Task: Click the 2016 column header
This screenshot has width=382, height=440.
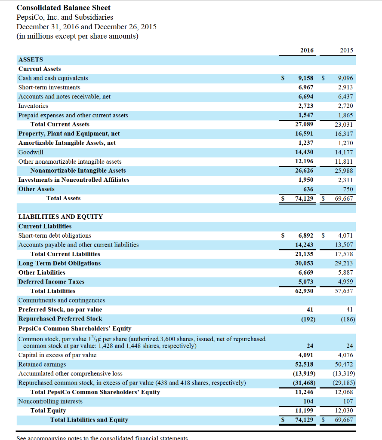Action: pyautogui.click(x=307, y=50)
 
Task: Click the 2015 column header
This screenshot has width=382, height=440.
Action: pyautogui.click(x=346, y=50)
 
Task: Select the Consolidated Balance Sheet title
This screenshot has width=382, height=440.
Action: pyautogui.click(x=63, y=8)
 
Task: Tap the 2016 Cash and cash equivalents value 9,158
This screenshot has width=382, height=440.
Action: pyautogui.click(x=305, y=78)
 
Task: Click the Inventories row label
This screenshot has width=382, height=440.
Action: pyautogui.click(x=33, y=106)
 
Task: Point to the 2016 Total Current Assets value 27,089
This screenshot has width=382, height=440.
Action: pyautogui.click(x=305, y=124)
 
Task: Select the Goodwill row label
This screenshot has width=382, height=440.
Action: pyautogui.click(x=31, y=152)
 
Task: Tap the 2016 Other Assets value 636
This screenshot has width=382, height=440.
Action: pyautogui.click(x=308, y=189)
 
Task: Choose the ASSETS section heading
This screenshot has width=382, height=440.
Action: pyautogui.click(x=31, y=60)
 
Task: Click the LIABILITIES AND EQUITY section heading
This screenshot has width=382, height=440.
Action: pyautogui.click(x=61, y=217)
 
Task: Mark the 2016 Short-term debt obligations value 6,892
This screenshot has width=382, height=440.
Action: pyautogui.click(x=305, y=235)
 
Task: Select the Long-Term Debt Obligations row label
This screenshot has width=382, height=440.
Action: pyautogui.click(x=59, y=263)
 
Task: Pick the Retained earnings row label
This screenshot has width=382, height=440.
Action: pyautogui.click(x=42, y=364)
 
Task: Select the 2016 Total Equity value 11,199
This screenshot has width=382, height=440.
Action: pyautogui.click(x=305, y=410)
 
